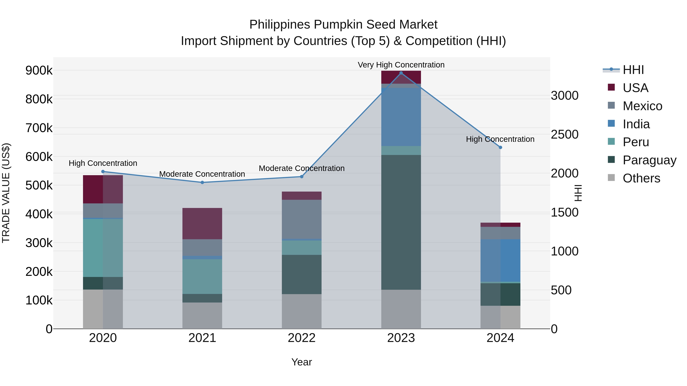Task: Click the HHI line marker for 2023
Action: [401, 73]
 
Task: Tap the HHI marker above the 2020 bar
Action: [103, 172]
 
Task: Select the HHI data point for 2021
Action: [202, 182]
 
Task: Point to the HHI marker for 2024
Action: [500, 147]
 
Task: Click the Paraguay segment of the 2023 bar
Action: [401, 222]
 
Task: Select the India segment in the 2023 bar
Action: [401, 117]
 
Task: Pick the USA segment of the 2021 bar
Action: [202, 224]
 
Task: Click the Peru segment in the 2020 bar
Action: [103, 248]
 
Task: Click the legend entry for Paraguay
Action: [649, 160]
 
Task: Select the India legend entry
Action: [636, 124]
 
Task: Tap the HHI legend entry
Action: [633, 70]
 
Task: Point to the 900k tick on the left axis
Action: [39, 71]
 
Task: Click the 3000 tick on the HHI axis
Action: [565, 96]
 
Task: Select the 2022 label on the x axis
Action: [302, 338]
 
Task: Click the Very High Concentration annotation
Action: [401, 65]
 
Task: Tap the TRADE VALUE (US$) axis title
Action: [6, 193]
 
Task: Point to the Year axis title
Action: [302, 362]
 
